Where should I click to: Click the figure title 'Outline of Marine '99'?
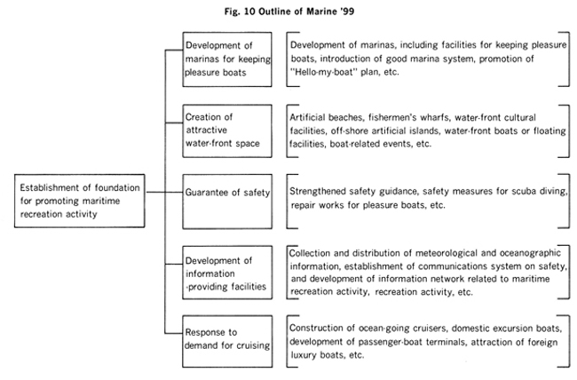click(x=306, y=12)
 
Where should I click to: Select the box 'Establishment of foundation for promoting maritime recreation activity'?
click(x=80, y=201)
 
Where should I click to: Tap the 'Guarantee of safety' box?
click(x=227, y=202)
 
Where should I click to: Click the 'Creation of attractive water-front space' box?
click(x=227, y=131)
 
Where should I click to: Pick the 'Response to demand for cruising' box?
click(x=227, y=341)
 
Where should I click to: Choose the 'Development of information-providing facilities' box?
click(x=227, y=273)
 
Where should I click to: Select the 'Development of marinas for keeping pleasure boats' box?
click(x=227, y=59)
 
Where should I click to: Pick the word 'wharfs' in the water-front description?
click(x=434, y=117)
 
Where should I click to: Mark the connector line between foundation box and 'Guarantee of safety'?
click(x=164, y=192)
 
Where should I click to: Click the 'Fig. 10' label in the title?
click(x=240, y=12)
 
